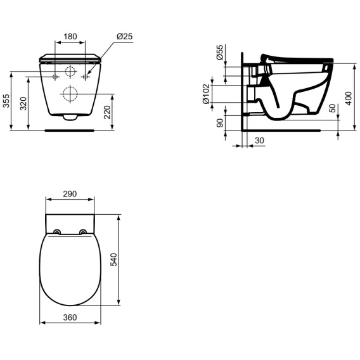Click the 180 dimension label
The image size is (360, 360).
point(70,37)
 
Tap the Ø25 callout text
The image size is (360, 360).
point(125,37)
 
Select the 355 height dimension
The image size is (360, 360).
point(6,101)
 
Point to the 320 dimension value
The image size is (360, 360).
point(23,103)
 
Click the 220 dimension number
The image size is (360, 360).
point(107,112)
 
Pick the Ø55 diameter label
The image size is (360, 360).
point(220,53)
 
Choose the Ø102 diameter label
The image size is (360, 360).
point(206,94)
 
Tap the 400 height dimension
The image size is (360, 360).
point(349,98)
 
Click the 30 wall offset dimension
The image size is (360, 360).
point(259,140)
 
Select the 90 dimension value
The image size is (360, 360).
point(220,123)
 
